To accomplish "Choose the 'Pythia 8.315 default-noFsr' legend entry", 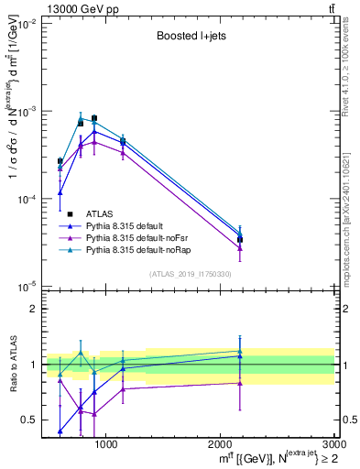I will pyautogui.click(x=136, y=236).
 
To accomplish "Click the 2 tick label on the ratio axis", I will pyautogui.click(x=34, y=309).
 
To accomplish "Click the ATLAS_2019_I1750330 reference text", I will pyautogui.click(x=189, y=274).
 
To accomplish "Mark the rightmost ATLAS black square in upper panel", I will pyautogui.click(x=240, y=239).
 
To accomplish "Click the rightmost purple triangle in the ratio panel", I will pyautogui.click(x=240, y=383).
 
